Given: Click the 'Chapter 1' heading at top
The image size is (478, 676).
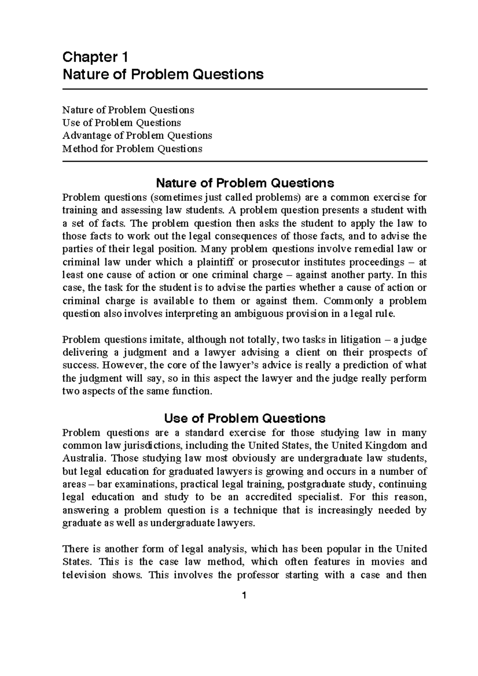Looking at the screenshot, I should pyautogui.click(x=95, y=58).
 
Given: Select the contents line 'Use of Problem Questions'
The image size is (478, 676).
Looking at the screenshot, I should pyautogui.click(x=121, y=123).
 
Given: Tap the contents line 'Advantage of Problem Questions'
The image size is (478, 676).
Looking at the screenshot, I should pyautogui.click(x=137, y=136).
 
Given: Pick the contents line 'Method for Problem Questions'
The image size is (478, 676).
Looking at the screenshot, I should pyautogui.click(x=132, y=149).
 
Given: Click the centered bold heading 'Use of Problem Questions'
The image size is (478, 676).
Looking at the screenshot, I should pyautogui.click(x=245, y=418).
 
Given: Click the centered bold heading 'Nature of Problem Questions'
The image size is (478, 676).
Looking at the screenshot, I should pyautogui.click(x=245, y=183).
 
